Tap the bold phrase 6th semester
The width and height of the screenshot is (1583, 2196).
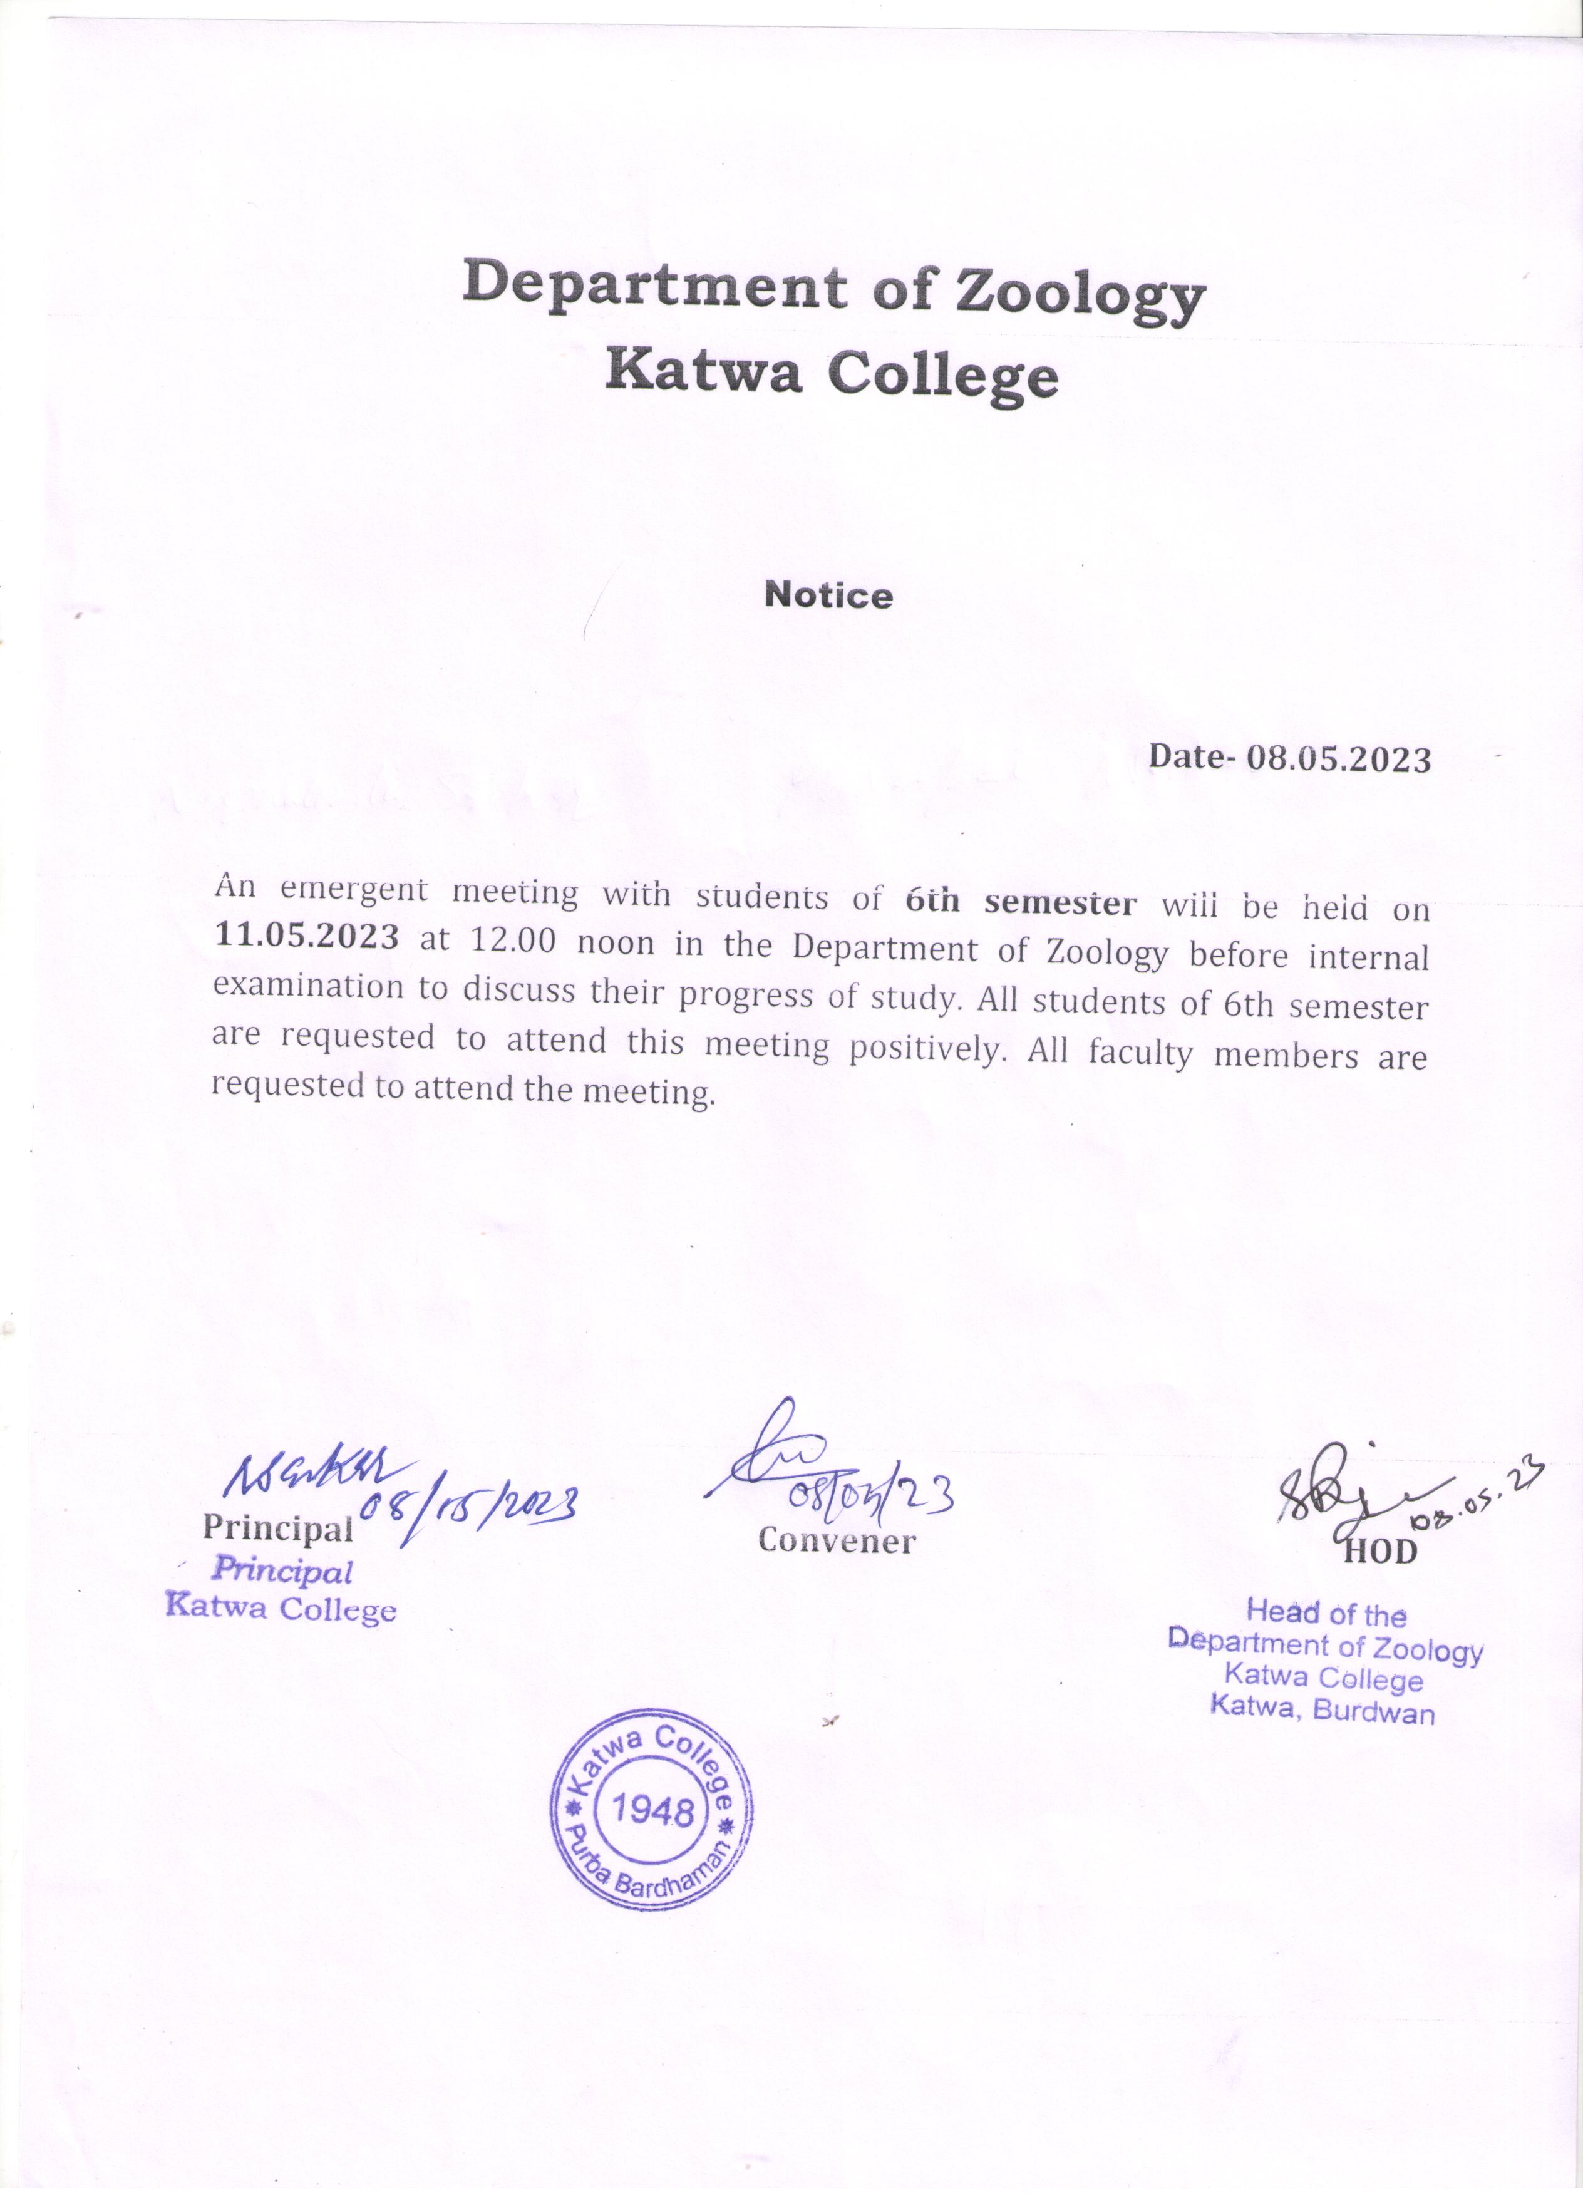tap(1021, 902)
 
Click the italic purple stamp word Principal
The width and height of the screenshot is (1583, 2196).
tap(282, 1570)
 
